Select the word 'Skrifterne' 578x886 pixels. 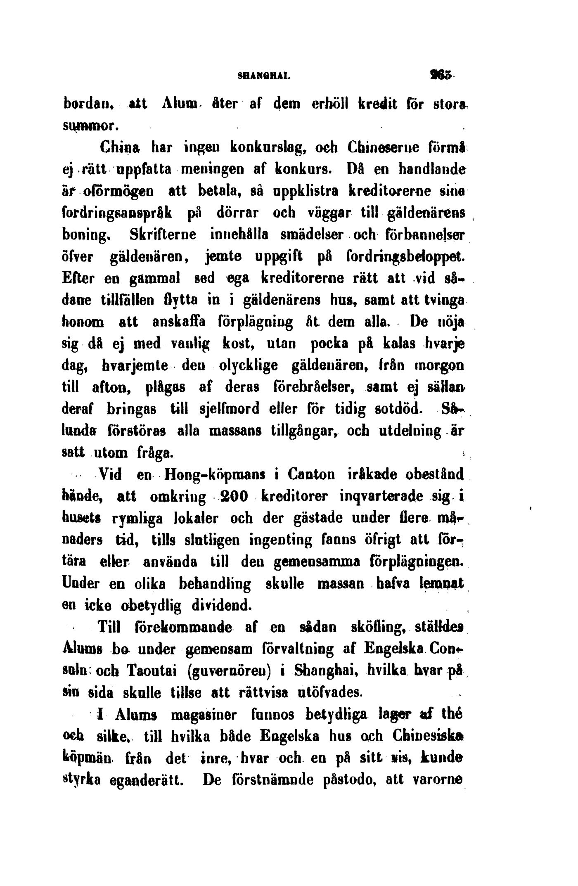[x=163, y=235]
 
